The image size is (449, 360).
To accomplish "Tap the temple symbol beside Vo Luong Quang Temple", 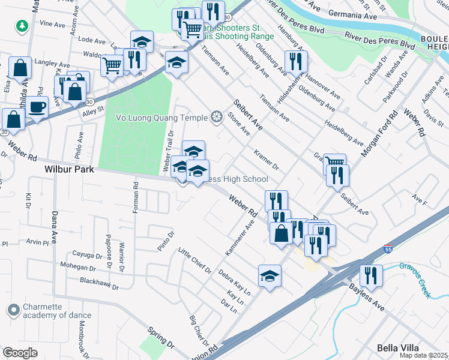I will (x=216, y=116).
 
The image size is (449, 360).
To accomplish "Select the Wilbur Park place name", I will (x=70, y=170).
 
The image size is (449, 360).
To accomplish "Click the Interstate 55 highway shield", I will (x=388, y=248).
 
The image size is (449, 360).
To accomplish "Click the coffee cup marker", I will (x=37, y=107).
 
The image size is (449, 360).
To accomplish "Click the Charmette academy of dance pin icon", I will (x=13, y=310).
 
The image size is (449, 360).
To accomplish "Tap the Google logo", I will (x=20, y=353).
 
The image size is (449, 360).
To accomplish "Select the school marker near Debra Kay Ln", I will (x=270, y=276).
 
